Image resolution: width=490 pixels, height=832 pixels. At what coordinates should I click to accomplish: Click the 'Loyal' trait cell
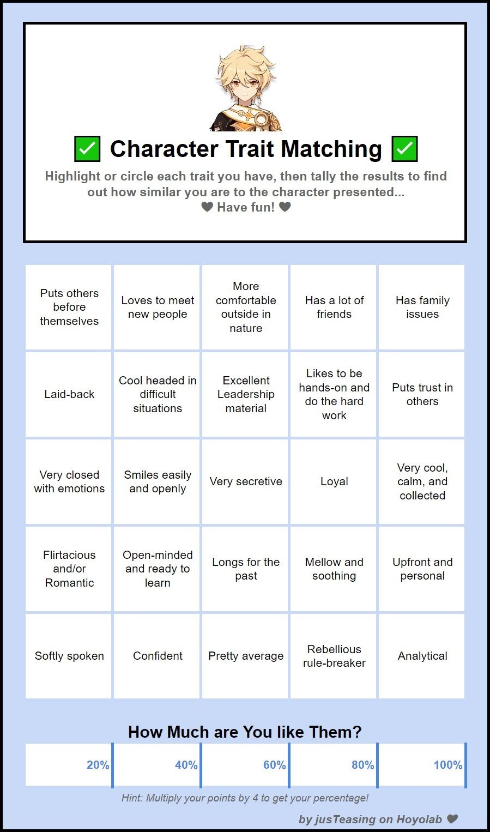pos(334,481)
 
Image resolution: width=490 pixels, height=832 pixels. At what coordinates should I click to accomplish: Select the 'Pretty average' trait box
pos(246,656)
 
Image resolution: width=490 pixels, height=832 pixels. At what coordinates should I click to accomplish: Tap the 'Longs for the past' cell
pos(246,569)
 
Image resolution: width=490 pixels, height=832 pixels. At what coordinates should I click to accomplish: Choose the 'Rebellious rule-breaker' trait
pos(334,656)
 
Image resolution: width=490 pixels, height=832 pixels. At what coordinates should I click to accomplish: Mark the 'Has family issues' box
pos(422,307)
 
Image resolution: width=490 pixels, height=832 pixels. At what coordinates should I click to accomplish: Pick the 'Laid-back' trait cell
pos(69,394)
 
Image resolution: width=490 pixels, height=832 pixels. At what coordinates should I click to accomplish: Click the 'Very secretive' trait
pos(246,481)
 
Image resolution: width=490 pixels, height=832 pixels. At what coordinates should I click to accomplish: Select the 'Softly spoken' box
pos(69,656)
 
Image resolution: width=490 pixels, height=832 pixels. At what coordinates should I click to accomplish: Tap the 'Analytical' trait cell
pos(422,656)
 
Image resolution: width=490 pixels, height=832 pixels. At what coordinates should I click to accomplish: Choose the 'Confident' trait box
pos(158,656)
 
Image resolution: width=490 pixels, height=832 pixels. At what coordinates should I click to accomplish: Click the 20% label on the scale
pos(98,765)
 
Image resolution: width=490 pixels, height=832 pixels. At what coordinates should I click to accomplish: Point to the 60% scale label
pos(274,765)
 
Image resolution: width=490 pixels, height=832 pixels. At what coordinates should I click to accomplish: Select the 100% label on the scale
pos(447,765)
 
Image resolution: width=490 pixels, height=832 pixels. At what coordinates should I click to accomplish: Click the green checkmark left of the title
pos(87,149)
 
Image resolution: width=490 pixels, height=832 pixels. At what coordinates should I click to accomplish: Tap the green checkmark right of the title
pos(404,149)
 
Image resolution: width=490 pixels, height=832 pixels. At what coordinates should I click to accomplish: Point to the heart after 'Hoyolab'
pos(452,819)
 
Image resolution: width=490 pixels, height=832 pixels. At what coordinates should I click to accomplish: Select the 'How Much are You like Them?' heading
pos(245,732)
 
